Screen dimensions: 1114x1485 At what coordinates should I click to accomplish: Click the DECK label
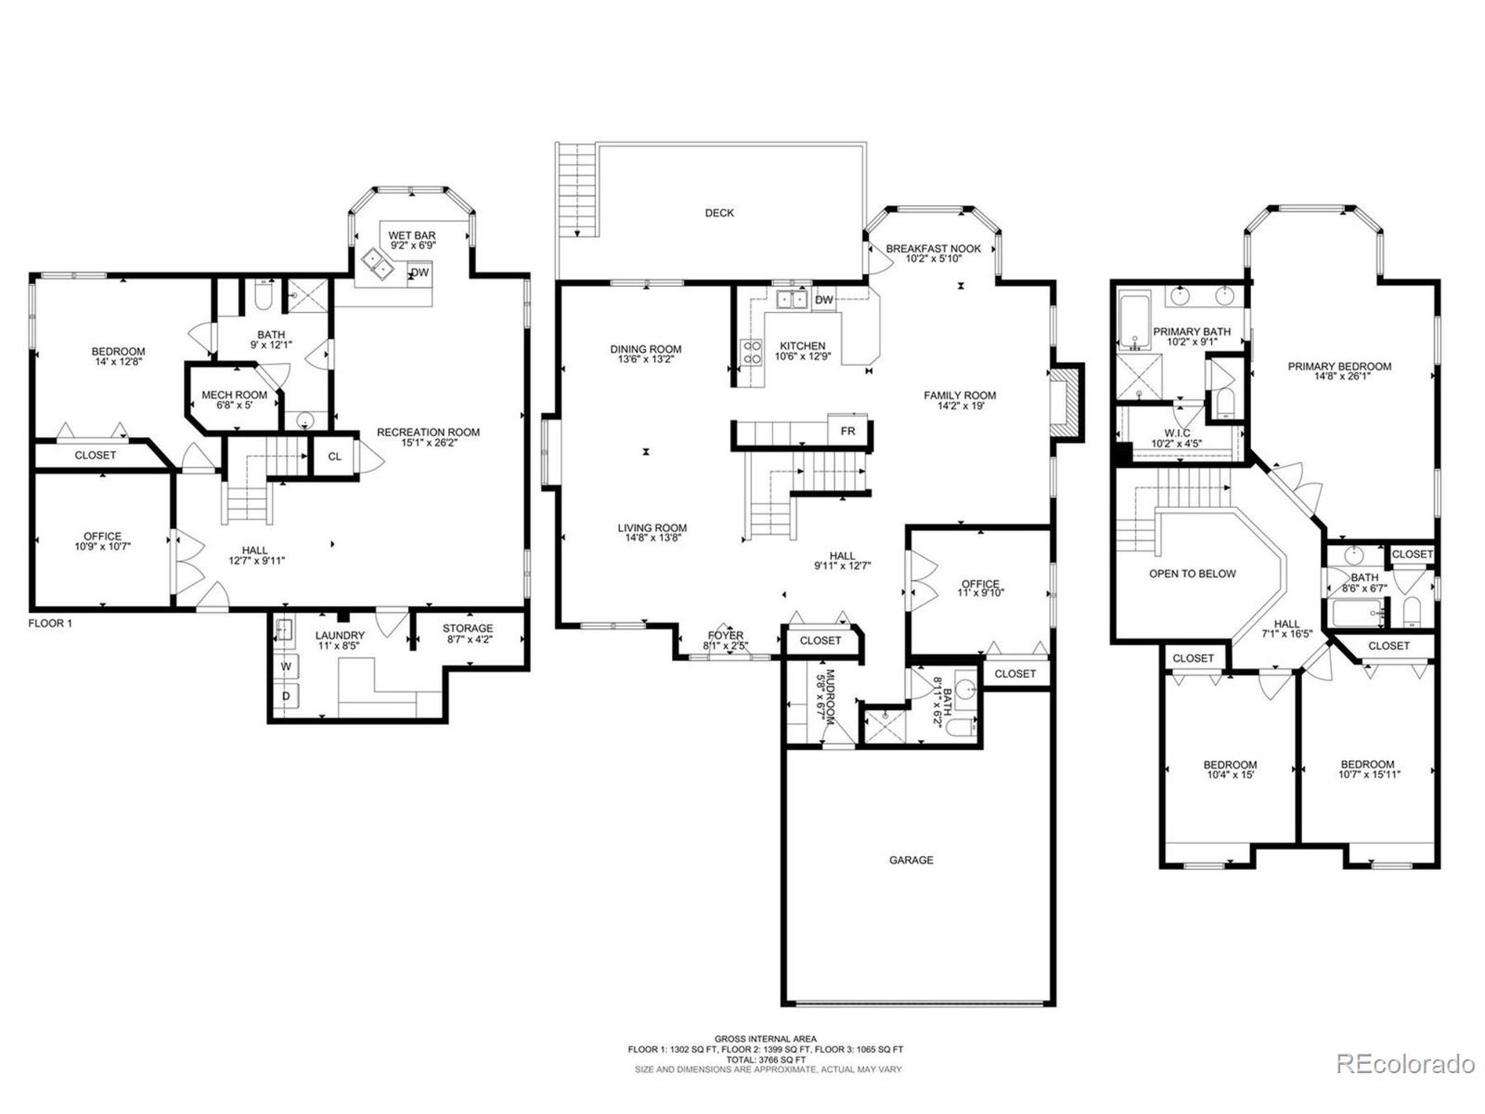pyautogui.click(x=719, y=213)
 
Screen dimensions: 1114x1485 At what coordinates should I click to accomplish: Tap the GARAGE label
pyautogui.click(x=911, y=860)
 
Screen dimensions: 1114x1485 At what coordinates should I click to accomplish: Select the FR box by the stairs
pyautogui.click(x=848, y=431)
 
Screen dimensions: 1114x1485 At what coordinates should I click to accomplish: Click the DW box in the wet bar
pyautogui.click(x=419, y=273)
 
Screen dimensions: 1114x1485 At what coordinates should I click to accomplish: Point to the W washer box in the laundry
pyautogui.click(x=287, y=667)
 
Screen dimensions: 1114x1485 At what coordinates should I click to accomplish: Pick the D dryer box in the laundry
pyautogui.click(x=286, y=696)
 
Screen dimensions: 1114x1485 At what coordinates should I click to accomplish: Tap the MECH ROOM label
pyautogui.click(x=234, y=395)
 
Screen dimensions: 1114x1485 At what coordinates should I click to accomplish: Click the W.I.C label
pyautogui.click(x=1178, y=433)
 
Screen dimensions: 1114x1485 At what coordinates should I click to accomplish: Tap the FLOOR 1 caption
pyautogui.click(x=50, y=623)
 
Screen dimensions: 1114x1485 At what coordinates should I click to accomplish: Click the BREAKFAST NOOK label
pyautogui.click(x=933, y=248)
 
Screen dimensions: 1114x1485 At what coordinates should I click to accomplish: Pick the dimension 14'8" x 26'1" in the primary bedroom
pyautogui.click(x=1339, y=377)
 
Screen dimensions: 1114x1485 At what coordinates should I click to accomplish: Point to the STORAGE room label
pyautogui.click(x=468, y=628)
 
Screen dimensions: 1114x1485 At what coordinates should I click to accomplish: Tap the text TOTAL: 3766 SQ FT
pyautogui.click(x=765, y=1059)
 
